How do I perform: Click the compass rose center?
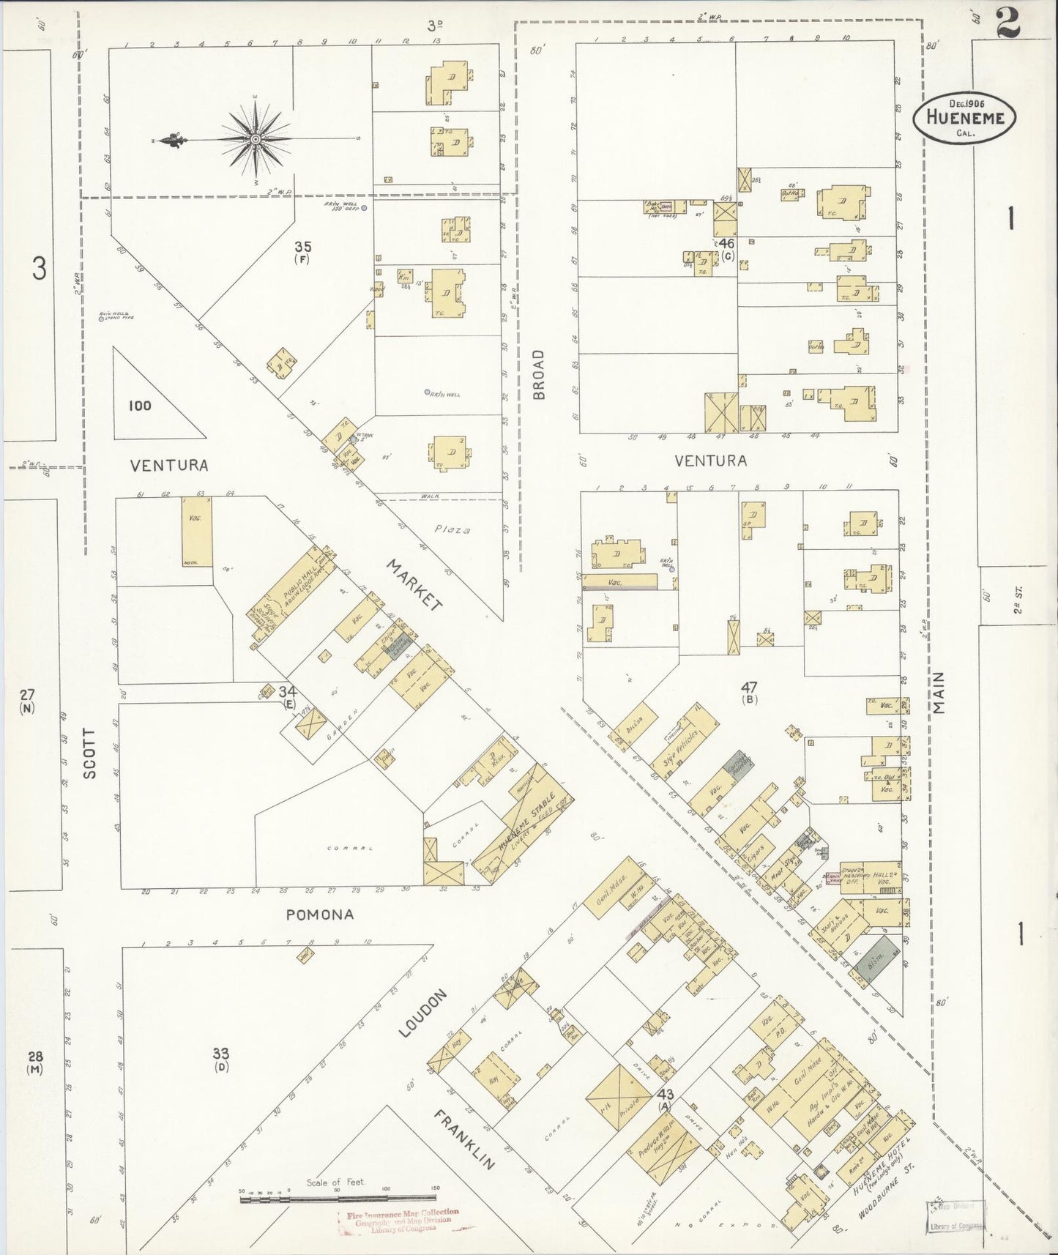256,139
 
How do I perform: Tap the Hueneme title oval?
964,116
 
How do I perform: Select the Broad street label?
540,374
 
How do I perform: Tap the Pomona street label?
320,915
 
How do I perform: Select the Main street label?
939,692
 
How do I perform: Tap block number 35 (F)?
302,251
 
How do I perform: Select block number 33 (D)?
220,1059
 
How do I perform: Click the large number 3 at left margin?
39,269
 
